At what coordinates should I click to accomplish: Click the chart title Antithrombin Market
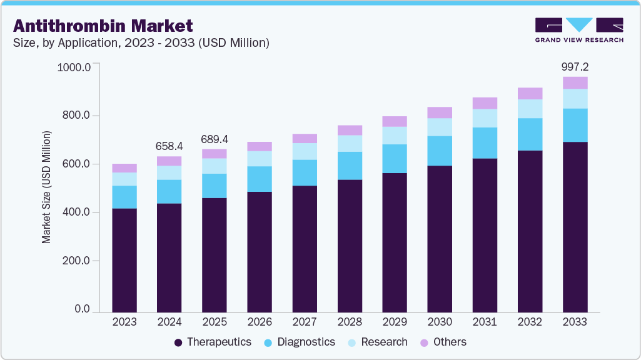[103, 26]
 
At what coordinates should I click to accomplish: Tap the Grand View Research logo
[578, 29]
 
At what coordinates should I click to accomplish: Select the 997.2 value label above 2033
[575, 67]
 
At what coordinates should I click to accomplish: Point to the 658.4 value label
[169, 146]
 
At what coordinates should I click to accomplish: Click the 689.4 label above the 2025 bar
[215, 138]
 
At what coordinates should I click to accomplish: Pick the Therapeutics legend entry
[212, 342]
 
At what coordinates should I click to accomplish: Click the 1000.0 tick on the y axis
[74, 67]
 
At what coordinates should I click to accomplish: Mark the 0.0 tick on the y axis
[82, 309]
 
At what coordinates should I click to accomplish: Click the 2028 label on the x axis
[350, 322]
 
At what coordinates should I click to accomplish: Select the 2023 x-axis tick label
[124, 322]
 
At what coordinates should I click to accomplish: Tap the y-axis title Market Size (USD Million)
[46, 187]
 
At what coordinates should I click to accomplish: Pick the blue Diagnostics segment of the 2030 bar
[440, 151]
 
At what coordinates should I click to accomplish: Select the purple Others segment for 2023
[124, 167]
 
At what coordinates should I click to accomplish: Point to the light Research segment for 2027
[305, 151]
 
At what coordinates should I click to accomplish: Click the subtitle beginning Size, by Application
[141, 43]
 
